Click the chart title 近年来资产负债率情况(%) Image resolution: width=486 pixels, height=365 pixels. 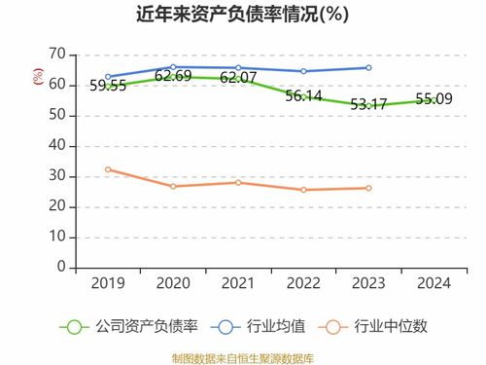pos(242,16)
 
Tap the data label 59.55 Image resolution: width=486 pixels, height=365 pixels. pos(108,86)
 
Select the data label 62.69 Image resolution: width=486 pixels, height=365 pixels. pos(173,76)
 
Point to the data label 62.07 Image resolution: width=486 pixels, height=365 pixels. pos(238,77)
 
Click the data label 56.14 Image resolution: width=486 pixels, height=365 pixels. pos(303,95)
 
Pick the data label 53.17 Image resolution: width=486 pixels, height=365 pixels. pos(367,104)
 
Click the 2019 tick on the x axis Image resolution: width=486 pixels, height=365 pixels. pos(108,283)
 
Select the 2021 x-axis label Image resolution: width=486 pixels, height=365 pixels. pos(238,283)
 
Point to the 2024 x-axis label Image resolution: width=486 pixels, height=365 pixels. pos(433,283)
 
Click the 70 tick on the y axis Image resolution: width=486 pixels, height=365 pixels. pos(57,55)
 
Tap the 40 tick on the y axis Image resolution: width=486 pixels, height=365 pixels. pos(57,145)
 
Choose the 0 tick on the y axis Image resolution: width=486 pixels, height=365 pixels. pos(61,266)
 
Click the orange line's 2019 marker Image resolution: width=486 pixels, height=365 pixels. pos(108,169)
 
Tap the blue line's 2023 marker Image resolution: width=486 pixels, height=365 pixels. pos(367,67)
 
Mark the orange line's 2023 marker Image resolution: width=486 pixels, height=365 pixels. pos(367,188)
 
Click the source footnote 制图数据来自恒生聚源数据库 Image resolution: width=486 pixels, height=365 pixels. pos(242,355)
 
